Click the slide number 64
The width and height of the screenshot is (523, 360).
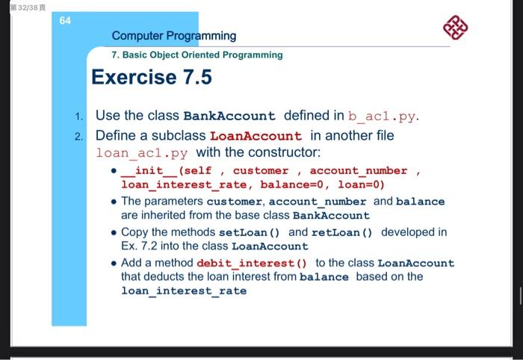coord(65,21)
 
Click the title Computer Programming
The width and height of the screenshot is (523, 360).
coord(173,36)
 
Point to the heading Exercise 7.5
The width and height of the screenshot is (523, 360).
coord(152,77)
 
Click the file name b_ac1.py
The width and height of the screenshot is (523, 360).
coord(383,116)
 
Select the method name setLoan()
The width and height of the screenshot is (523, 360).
coord(253,232)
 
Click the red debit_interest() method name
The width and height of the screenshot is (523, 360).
coord(252,263)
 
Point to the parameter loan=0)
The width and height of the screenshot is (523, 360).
coord(362,184)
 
